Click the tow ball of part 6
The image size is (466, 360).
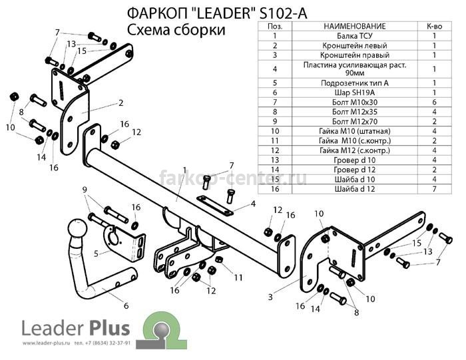pos(78,229)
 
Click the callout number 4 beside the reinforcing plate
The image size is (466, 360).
pos(253,204)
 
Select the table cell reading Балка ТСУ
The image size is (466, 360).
pos(355,36)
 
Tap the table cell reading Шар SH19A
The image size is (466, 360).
pos(355,92)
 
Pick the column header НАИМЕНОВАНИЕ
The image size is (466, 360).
pos(355,26)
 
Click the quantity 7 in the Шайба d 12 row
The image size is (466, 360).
pos(434,189)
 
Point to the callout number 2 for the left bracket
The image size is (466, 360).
pos(120,103)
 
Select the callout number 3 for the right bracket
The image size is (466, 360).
pos(270,297)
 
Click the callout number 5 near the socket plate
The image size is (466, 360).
pos(96,254)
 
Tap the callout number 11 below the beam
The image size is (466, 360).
pos(238,277)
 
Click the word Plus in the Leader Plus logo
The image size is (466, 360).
pos(109,329)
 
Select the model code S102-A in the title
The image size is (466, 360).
pos(283,14)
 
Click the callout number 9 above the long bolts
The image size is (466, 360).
pos(85,190)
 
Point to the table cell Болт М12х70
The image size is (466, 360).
pos(355,122)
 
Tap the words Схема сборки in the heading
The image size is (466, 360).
pos(176,31)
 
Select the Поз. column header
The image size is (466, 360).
pos(275,26)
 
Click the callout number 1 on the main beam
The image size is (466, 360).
pos(185,170)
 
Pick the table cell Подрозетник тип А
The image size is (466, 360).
pos(355,83)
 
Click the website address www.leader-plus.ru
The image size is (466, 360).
pos(46,343)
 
